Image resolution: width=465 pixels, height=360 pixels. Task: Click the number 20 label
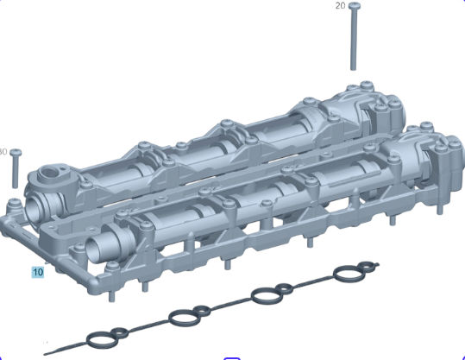(340, 6)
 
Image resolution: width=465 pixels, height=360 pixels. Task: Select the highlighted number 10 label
(38, 272)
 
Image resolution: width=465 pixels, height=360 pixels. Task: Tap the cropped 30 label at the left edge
(3, 152)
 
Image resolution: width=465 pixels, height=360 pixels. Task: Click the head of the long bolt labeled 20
(355, 5)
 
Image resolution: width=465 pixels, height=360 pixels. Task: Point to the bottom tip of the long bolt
(353, 69)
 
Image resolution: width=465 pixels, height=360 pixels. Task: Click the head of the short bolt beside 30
(16, 153)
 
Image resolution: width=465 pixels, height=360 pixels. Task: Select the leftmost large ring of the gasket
(102, 340)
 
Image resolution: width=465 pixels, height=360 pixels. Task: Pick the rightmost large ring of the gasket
(349, 274)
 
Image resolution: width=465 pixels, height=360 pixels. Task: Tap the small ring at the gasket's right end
(367, 266)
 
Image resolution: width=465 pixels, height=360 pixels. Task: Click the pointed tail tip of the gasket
(45, 354)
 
